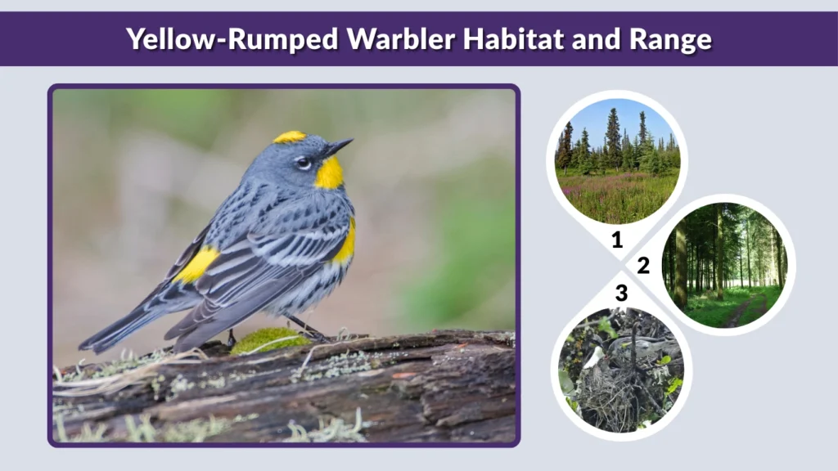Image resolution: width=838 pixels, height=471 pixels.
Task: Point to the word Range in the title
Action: [x=666, y=38]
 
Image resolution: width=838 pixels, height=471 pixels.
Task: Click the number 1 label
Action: [x=617, y=240]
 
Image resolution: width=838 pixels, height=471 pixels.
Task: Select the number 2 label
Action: [x=643, y=266]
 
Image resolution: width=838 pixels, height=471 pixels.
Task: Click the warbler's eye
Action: [x=304, y=163]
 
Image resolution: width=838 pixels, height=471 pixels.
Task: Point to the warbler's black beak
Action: [x=338, y=147]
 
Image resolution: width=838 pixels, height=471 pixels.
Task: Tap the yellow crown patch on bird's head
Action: [x=289, y=137]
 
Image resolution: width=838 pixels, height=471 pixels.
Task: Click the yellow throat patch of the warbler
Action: [x=329, y=173]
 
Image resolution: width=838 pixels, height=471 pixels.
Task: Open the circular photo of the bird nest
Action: [x=622, y=370]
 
